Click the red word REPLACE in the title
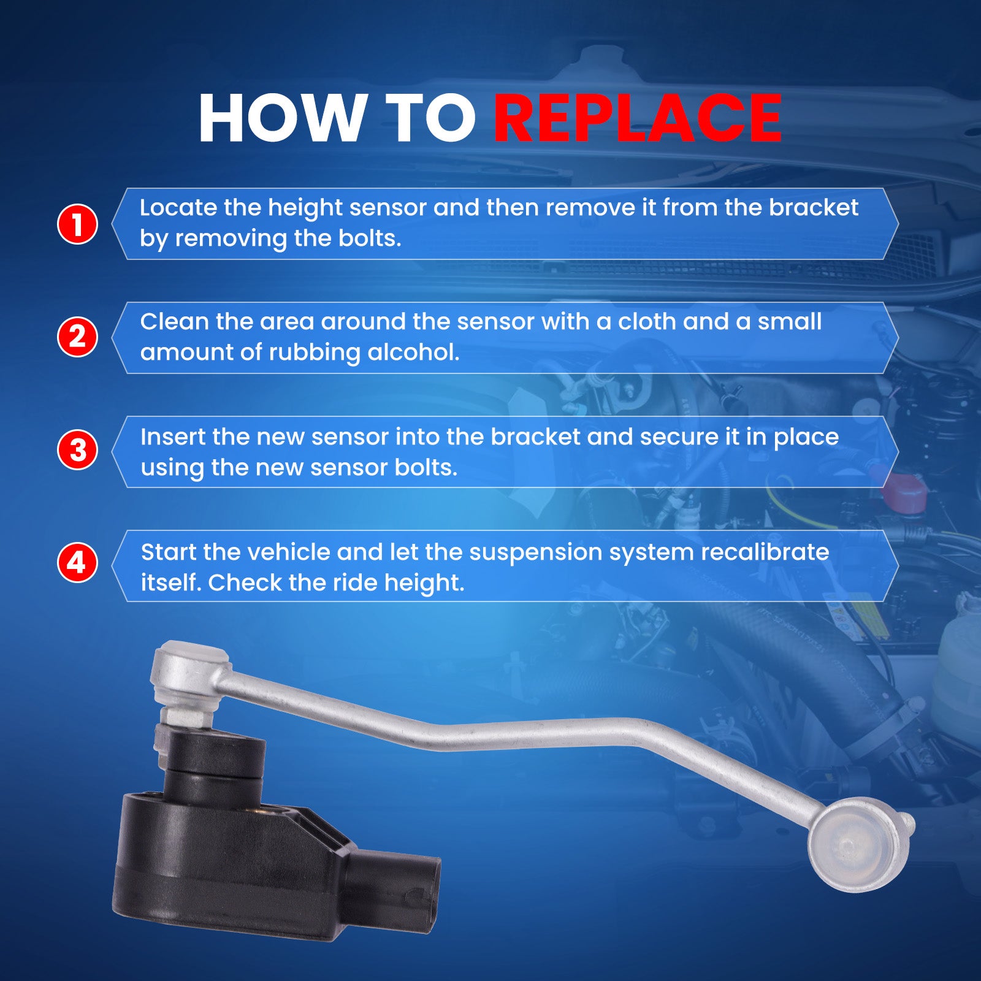[638, 118]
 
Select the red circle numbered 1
[77, 224]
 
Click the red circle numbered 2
[77, 337]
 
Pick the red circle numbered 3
[77, 449]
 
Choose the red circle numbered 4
[77, 562]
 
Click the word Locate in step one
[178, 208]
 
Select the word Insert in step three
[173, 437]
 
